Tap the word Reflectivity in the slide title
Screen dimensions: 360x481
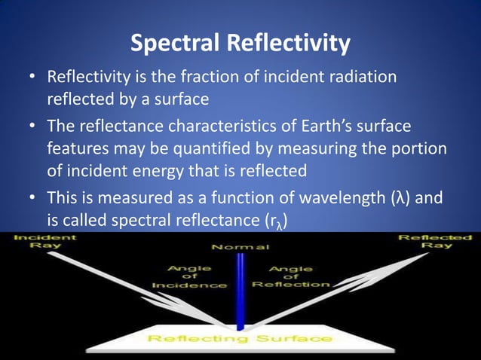pyautogui.click(x=286, y=44)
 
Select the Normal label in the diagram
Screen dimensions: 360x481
pyautogui.click(x=239, y=246)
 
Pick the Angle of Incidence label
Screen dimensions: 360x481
pyautogui.click(x=189, y=275)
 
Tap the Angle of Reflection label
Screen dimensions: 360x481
pyautogui.click(x=290, y=275)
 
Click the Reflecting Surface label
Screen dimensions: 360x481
pyautogui.click(x=239, y=338)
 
